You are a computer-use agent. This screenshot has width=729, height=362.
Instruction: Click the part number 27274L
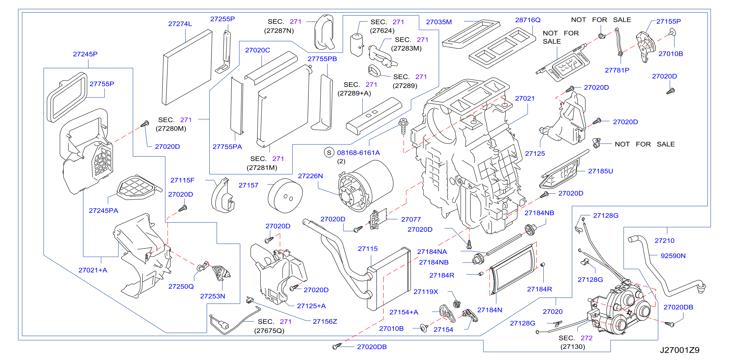(180, 24)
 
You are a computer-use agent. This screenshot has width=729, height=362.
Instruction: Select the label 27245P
(85, 54)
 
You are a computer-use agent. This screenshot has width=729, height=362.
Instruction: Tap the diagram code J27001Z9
(680, 350)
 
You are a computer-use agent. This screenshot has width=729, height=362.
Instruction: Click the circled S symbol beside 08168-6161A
(329, 153)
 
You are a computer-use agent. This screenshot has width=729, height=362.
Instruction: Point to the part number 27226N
(310, 176)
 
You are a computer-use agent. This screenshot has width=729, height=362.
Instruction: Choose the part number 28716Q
(528, 20)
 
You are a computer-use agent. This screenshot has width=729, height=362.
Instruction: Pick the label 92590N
(673, 256)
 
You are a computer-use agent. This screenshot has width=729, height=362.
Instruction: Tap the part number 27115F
(182, 180)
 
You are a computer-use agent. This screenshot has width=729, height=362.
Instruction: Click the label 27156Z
(325, 322)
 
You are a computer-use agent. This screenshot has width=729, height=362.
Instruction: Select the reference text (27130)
(573, 347)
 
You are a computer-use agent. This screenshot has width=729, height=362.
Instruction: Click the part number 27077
(411, 220)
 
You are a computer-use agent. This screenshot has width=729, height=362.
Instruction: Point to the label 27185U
(601, 171)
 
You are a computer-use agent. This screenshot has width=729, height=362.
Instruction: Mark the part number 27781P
(617, 70)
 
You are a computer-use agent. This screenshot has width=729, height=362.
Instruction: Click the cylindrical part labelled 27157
(285, 195)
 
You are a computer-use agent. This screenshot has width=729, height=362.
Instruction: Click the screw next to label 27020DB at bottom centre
(337, 346)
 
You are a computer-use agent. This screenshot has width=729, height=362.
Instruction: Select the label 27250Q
(181, 287)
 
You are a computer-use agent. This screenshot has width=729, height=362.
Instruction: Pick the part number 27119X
(426, 292)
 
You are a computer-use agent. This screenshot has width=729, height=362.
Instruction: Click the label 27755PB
(322, 59)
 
